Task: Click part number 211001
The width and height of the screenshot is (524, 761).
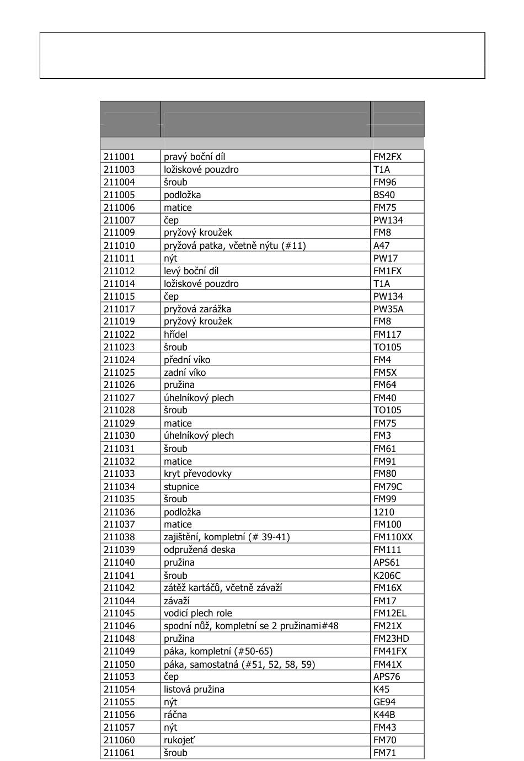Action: click(119, 157)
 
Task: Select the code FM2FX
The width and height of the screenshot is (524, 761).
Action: click(387, 157)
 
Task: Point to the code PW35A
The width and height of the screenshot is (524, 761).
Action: click(388, 309)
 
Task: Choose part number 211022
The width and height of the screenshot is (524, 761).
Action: click(119, 334)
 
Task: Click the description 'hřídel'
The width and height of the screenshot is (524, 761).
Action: click(175, 334)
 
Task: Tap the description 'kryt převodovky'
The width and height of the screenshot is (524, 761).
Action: click(197, 473)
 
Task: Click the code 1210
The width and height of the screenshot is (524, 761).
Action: click(383, 512)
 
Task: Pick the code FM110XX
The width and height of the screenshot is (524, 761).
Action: click(393, 537)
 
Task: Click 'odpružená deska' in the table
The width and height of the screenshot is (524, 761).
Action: click(199, 550)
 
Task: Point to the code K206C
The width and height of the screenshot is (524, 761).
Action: click(387, 576)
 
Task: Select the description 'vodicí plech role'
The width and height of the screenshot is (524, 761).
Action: click(197, 613)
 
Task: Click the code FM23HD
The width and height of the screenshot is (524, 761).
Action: click(391, 638)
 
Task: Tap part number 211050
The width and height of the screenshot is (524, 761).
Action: click(119, 664)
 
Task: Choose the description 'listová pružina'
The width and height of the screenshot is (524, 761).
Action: click(194, 689)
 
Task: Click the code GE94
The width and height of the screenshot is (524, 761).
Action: click(384, 702)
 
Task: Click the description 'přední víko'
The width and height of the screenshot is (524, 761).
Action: click(186, 360)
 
